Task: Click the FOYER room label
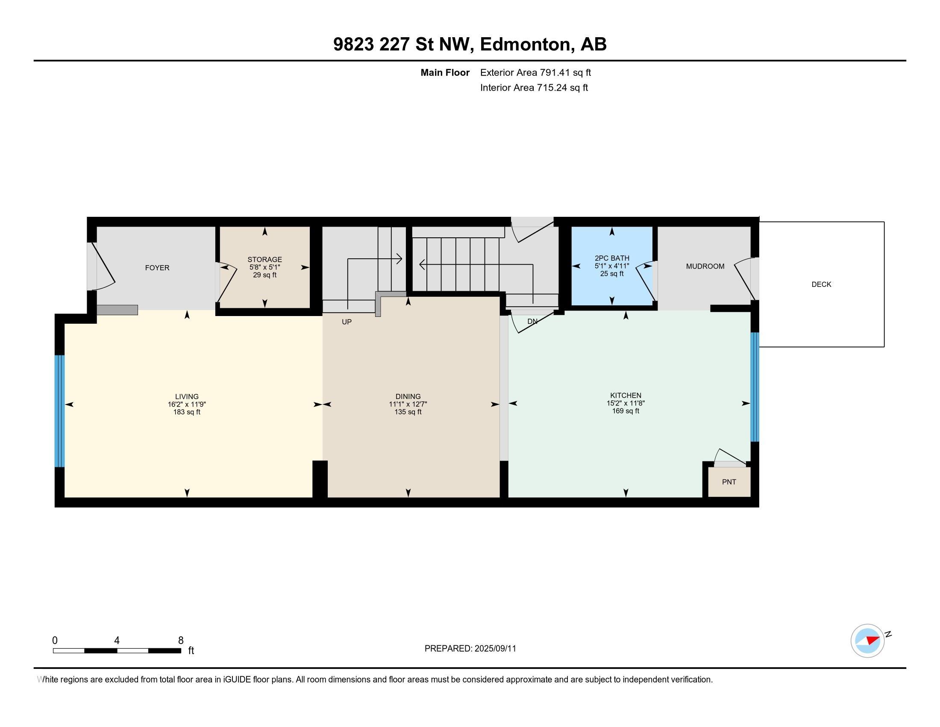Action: tap(157, 267)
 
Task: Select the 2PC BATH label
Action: tap(611, 258)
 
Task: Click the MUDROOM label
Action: tap(705, 266)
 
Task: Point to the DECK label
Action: tap(821, 284)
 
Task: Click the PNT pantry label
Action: tap(728, 482)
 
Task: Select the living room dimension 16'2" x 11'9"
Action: tap(187, 405)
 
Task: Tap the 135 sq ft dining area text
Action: tap(408, 412)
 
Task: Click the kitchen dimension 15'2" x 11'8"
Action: tap(626, 403)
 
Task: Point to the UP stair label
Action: tap(347, 322)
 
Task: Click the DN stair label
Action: tap(532, 321)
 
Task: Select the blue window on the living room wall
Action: tap(59, 411)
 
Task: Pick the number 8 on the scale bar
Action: tap(181, 640)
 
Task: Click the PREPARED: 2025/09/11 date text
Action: tap(470, 648)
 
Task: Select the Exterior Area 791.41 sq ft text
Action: tap(535, 72)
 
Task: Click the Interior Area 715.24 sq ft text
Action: tap(534, 88)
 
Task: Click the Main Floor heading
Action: tap(445, 72)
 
